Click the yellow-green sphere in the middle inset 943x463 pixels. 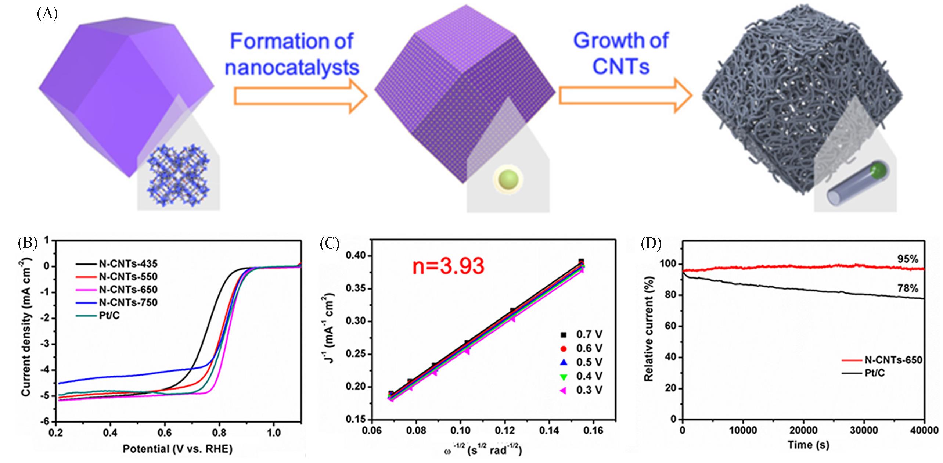click(508, 179)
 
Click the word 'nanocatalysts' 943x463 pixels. click(292, 68)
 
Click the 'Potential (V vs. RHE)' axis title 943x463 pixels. click(177, 449)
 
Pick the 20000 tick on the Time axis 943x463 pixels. click(803, 430)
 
